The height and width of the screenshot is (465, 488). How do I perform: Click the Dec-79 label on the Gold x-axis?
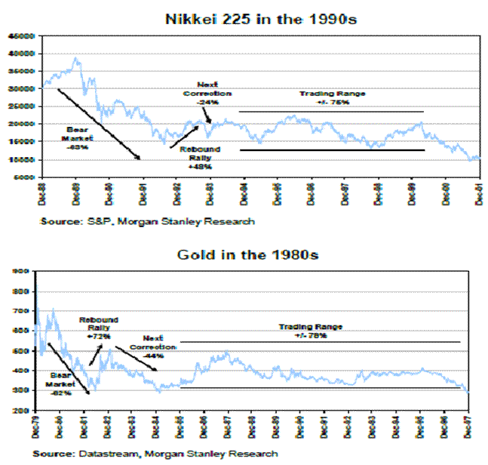point(35,428)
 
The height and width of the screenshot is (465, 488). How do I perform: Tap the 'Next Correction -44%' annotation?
point(158,346)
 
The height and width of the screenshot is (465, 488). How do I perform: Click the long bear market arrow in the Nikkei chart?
point(99,125)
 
